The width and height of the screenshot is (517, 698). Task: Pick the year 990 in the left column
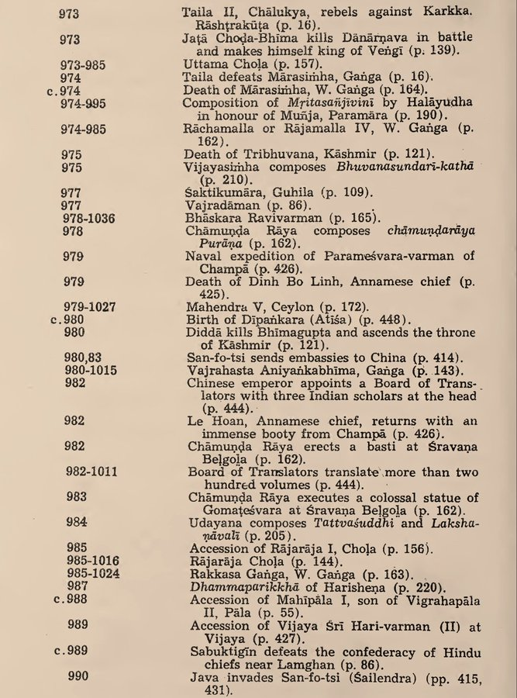(x=78, y=676)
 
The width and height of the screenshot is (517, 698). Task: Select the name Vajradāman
(x=220, y=206)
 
